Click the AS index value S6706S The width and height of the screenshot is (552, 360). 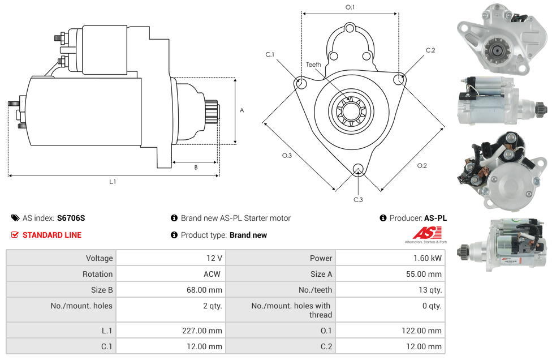tap(71, 218)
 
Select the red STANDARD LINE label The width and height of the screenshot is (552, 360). tap(51, 235)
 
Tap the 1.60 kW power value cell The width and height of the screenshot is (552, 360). tap(428, 258)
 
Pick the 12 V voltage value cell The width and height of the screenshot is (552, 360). tap(214, 258)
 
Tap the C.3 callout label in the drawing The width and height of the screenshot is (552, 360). tap(358, 199)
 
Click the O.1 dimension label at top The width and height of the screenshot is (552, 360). tap(350, 7)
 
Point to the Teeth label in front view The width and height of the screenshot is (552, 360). tap(313, 65)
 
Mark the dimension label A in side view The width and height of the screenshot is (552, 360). tap(241, 110)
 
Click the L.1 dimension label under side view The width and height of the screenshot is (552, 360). tap(113, 182)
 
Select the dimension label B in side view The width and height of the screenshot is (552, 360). tap(196, 168)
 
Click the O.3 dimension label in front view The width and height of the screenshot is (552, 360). tap(287, 156)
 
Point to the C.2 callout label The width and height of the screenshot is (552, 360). tap(430, 50)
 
